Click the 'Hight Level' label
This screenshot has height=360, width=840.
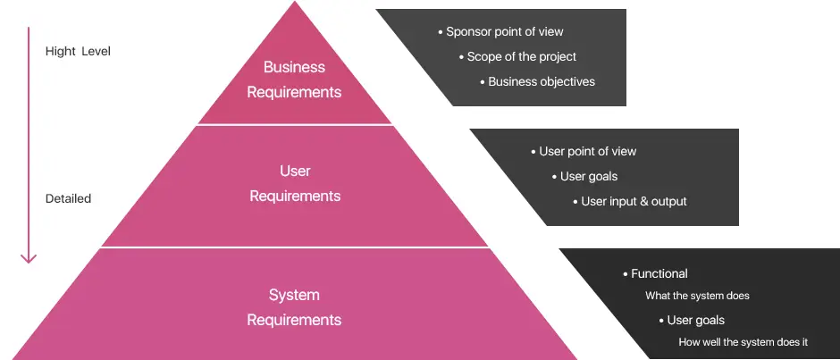[x=78, y=51]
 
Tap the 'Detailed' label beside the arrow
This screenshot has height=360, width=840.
[x=68, y=198]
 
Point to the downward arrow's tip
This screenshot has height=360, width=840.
[x=29, y=261]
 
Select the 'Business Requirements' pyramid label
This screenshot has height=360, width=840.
[x=294, y=80]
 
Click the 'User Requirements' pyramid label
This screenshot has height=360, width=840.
[x=295, y=183]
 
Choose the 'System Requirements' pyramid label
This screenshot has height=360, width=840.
[x=294, y=307]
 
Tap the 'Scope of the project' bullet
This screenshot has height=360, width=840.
[x=521, y=56]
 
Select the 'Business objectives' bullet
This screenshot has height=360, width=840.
[x=541, y=81]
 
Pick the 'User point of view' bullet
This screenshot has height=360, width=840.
[x=587, y=151]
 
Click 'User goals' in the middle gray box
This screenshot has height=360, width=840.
[x=588, y=176]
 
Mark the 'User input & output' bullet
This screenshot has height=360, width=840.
[x=634, y=201]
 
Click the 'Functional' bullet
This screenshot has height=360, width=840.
[x=659, y=273]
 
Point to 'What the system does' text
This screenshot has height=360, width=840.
[x=697, y=296]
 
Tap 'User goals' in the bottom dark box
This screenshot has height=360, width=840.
[x=695, y=320]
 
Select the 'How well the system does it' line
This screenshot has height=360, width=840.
[x=743, y=342]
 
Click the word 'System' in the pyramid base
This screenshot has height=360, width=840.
[x=294, y=295]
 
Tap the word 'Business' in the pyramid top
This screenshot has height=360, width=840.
[x=294, y=67]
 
